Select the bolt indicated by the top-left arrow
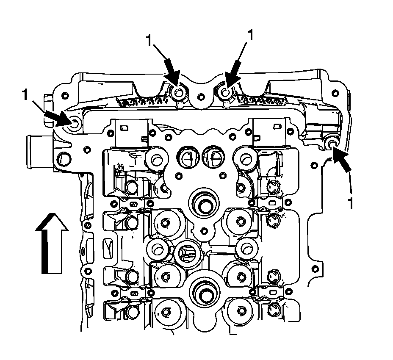coord(180,93)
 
